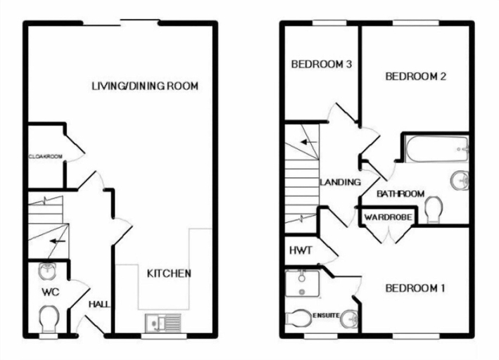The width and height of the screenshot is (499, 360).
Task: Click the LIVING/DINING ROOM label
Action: click(x=145, y=86)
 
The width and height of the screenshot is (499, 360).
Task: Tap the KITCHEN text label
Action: click(x=169, y=274)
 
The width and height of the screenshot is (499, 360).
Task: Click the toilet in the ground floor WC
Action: click(x=49, y=319)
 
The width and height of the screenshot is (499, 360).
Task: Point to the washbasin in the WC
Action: click(x=47, y=271)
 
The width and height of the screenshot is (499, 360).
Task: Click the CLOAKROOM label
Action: click(x=46, y=157)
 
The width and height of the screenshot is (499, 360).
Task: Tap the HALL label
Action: click(x=99, y=304)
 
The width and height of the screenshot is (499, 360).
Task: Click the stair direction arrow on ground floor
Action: click(x=58, y=241)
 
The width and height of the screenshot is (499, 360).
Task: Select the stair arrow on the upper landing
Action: click(x=310, y=142)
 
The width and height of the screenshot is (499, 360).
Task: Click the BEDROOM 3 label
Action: click(x=322, y=64)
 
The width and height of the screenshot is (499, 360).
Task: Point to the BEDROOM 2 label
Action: click(x=416, y=77)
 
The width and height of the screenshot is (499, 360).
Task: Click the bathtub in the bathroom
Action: click(x=436, y=150)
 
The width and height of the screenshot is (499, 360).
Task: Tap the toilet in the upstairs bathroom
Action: click(x=434, y=210)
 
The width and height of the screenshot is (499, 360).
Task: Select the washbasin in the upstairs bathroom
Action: click(x=460, y=180)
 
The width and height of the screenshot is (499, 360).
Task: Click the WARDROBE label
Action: click(x=388, y=217)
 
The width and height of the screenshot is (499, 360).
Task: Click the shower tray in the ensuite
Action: click(x=303, y=283)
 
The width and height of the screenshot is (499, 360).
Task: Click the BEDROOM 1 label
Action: click(x=415, y=288)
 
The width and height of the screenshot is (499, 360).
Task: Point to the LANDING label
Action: click(x=340, y=182)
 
